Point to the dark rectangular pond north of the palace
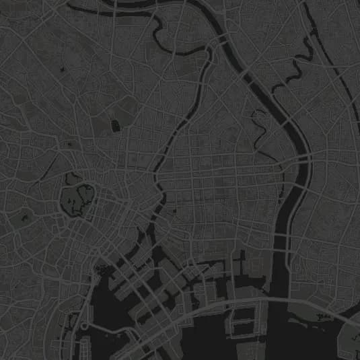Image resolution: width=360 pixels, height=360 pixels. [115, 125]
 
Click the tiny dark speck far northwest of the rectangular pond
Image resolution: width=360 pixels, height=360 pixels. [62, 69]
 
